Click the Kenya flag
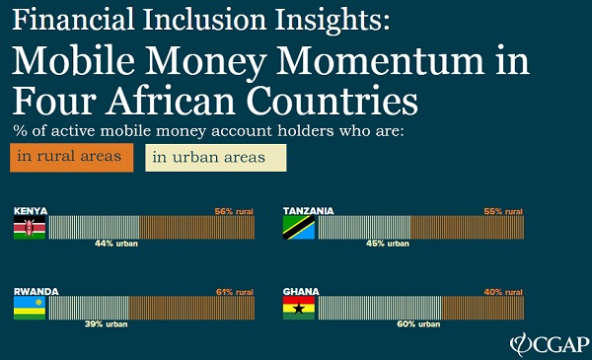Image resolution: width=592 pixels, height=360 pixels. (29, 229)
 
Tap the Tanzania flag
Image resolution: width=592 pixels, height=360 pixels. (299, 229)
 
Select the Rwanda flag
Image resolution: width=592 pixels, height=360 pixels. (29, 309)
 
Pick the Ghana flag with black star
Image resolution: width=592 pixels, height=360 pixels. (299, 309)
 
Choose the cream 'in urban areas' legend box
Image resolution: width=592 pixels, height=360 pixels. (216, 158)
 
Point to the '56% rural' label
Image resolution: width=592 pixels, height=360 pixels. (234, 211)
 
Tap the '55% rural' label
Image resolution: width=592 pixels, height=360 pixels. (502, 211)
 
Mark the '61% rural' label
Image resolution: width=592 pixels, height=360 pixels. (234, 291)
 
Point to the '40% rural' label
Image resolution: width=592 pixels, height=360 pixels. (502, 291)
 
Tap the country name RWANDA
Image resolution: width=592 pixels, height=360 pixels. (37, 292)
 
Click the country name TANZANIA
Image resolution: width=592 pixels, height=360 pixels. (309, 211)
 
